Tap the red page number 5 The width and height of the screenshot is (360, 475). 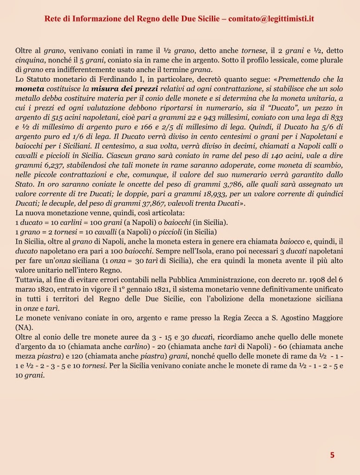coord(332,455)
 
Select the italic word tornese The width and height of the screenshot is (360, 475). coord(253,51)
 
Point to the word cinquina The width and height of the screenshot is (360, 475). coord(29,60)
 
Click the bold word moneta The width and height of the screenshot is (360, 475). coord(30,89)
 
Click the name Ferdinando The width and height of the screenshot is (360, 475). coord(126,79)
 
